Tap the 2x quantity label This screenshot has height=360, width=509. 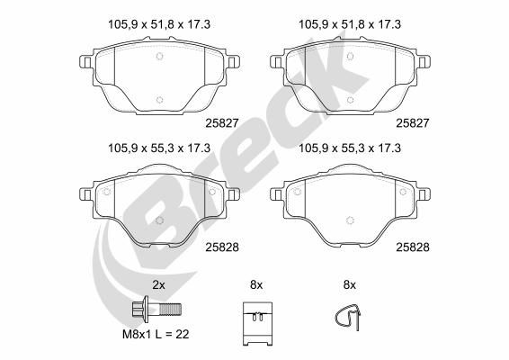pyautogui.click(x=158, y=284)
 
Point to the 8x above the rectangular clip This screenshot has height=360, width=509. pyautogui.click(x=255, y=284)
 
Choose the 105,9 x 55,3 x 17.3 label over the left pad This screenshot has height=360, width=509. pyautogui.click(x=158, y=148)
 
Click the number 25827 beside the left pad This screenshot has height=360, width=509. pyautogui.click(x=220, y=120)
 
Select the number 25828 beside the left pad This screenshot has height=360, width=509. pyautogui.click(x=220, y=245)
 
